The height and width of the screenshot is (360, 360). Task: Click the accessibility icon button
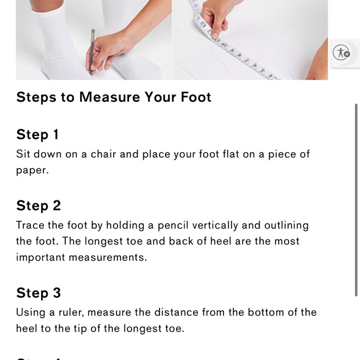coord(341,53)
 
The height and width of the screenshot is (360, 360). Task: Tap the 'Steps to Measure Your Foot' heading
coord(114,97)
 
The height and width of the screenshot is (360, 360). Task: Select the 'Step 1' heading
coord(37,134)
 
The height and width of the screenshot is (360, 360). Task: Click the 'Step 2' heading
coord(38,205)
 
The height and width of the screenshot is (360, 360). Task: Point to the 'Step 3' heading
coord(38,293)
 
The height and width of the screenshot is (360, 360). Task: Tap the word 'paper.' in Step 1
coord(32,171)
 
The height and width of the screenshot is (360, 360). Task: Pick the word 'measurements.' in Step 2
coord(108,258)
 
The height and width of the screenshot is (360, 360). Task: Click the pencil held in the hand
coord(92,52)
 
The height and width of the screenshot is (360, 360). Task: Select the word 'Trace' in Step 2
coord(30,225)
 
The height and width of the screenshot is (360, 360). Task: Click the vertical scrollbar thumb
coord(356,200)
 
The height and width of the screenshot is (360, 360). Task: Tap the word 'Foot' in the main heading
coord(196,97)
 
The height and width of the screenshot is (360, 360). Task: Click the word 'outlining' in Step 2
coord(286,226)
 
